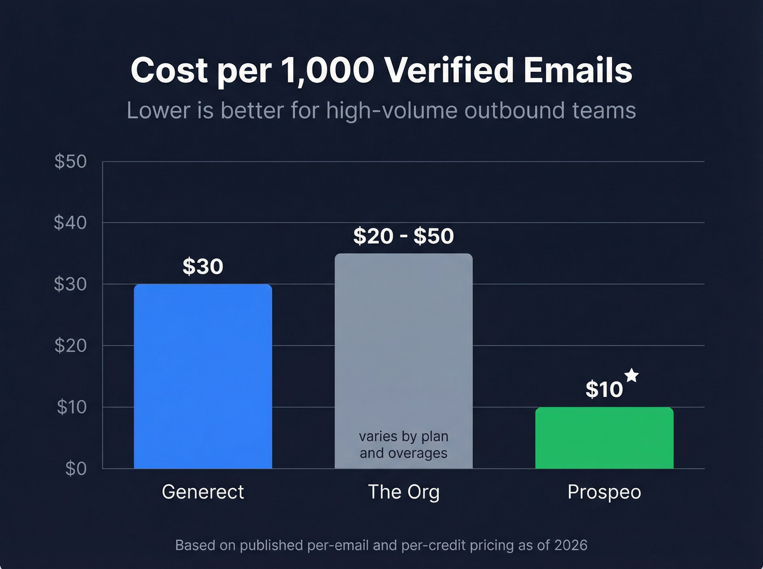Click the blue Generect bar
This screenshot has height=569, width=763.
click(x=203, y=376)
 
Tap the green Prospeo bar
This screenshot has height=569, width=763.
click(x=604, y=438)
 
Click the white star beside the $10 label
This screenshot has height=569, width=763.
click(x=632, y=375)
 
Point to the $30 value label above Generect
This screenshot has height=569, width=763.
click(x=203, y=266)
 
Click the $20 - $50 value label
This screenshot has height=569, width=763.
click(x=403, y=236)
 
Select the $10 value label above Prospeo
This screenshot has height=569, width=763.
click(x=604, y=389)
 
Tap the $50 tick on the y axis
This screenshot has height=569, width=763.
click(x=70, y=161)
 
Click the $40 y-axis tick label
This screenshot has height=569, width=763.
click(x=70, y=222)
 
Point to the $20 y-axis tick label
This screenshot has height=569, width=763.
click(x=70, y=345)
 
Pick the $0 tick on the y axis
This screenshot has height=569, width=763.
click(x=76, y=468)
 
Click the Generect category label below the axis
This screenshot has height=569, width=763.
click(x=203, y=492)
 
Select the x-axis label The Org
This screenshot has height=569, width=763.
click(x=403, y=492)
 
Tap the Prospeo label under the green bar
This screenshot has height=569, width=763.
click(x=604, y=492)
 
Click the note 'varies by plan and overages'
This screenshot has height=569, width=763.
click(x=403, y=444)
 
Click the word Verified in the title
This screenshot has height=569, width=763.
click(x=449, y=70)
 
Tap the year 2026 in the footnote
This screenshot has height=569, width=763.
click(x=571, y=545)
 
